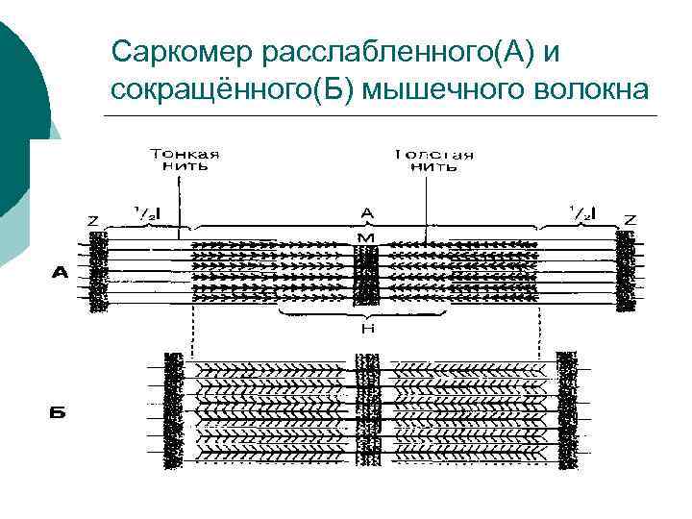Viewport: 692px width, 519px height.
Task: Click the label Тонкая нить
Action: (184, 160)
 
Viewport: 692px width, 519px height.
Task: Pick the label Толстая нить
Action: (434, 160)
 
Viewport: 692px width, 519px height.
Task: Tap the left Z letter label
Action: (93, 220)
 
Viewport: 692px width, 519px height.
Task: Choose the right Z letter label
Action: (628, 218)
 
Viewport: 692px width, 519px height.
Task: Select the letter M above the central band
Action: (366, 237)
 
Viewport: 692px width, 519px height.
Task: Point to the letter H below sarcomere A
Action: (366, 329)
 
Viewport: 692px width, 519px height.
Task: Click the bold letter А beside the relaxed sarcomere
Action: (60, 273)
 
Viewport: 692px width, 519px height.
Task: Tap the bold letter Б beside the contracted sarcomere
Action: (59, 414)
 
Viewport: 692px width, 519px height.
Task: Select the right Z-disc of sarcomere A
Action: (627, 272)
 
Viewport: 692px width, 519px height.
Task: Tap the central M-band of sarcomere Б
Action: (366, 411)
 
